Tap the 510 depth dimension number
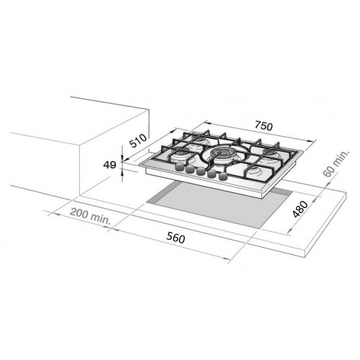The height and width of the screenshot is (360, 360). point(138,140)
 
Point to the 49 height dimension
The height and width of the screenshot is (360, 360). point(110,165)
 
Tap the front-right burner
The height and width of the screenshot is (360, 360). point(257,171)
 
